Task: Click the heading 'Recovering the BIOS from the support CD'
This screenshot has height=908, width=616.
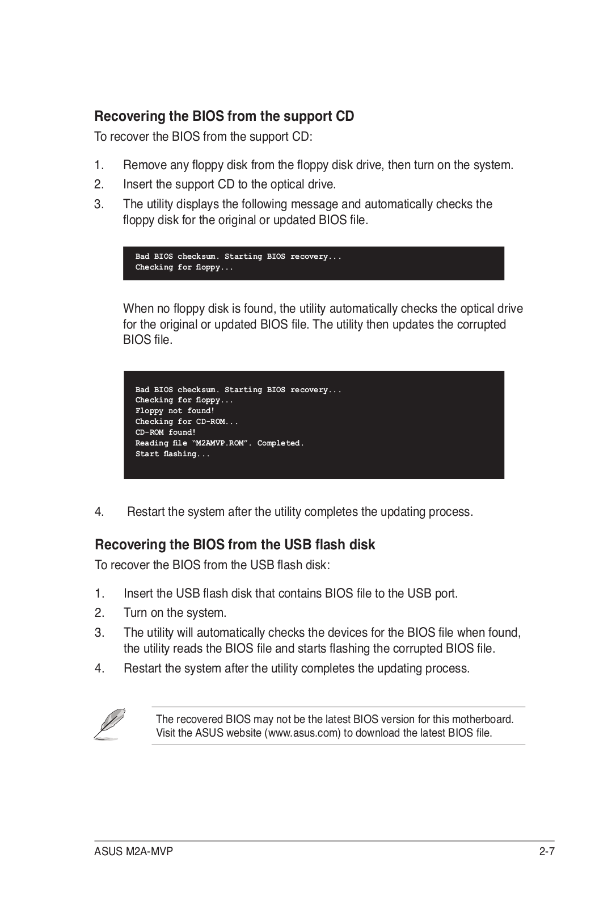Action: [x=224, y=116]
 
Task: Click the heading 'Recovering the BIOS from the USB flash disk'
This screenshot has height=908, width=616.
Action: [x=235, y=545]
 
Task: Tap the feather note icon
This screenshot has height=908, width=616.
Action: [x=109, y=724]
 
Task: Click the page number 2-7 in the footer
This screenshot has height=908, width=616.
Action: [x=546, y=852]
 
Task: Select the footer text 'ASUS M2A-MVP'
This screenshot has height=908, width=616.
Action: [x=133, y=852]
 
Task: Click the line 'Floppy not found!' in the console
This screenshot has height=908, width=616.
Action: [x=175, y=411]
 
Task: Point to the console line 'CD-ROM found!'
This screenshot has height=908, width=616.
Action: [x=165, y=432]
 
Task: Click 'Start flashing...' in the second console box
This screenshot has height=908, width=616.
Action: [x=172, y=454]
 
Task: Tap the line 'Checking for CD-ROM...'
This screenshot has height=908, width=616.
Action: [x=187, y=422]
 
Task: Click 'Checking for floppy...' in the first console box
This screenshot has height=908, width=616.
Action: [x=184, y=267]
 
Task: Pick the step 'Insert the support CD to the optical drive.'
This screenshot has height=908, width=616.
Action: [x=229, y=184]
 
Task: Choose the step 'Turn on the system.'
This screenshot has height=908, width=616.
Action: [x=175, y=613]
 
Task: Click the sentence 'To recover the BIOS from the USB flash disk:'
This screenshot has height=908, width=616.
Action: [x=212, y=565]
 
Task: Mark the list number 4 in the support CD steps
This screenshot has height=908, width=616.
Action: [x=99, y=512]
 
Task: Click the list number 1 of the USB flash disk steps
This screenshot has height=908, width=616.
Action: [x=99, y=594]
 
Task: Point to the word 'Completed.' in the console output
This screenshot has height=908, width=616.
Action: [x=280, y=443]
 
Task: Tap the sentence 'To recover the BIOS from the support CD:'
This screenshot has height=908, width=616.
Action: [x=203, y=137]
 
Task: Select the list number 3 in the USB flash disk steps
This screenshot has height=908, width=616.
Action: [x=99, y=633]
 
